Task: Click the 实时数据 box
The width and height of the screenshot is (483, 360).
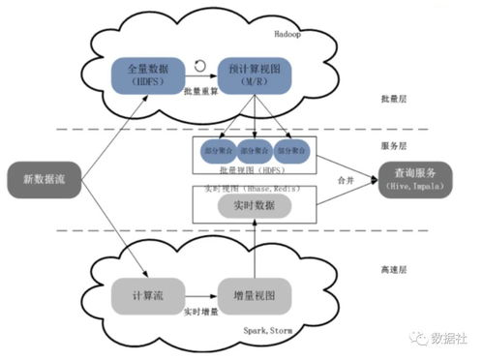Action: [254, 206]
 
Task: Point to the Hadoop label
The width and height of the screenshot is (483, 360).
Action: [289, 32]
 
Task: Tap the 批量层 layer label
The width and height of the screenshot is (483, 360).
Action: [396, 99]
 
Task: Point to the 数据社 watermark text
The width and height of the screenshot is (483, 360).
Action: [449, 341]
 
